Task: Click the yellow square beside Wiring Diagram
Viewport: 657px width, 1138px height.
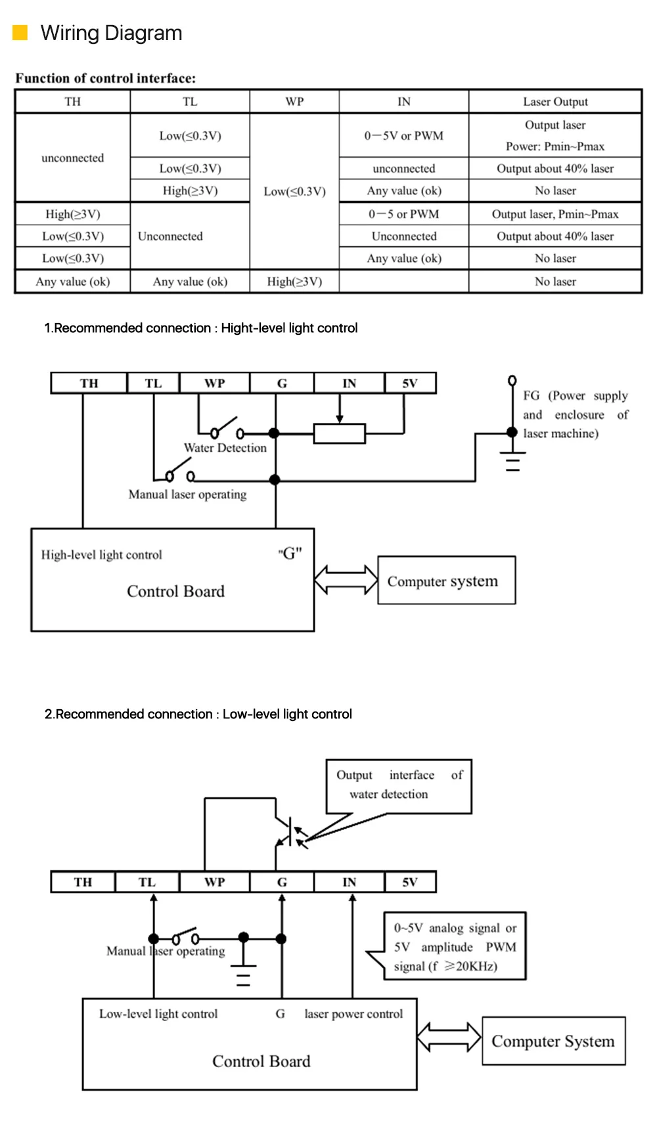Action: [20, 32]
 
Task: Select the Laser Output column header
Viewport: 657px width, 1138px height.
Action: [555, 102]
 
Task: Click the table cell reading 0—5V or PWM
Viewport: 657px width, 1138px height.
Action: [403, 136]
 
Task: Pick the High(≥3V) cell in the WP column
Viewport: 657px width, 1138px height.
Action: [294, 282]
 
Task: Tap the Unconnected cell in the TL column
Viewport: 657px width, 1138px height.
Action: [170, 236]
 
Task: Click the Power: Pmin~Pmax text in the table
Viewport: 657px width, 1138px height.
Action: [555, 146]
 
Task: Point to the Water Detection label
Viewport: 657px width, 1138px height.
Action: [225, 448]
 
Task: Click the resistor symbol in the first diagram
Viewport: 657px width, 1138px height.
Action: [339, 433]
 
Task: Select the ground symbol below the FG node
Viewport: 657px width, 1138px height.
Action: [512, 461]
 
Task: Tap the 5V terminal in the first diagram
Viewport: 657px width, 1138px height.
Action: [410, 383]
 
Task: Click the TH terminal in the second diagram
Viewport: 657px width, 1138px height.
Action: [83, 882]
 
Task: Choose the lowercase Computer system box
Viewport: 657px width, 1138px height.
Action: [446, 580]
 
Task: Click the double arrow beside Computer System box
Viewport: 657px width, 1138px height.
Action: [449, 1037]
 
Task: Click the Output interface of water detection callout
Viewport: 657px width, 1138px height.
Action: [399, 785]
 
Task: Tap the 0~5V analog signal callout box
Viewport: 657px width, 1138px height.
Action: [455, 946]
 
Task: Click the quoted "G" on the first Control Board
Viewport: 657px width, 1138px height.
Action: [290, 554]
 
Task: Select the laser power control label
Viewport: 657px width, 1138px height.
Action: [353, 1014]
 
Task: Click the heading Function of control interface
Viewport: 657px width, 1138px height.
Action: [106, 78]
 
